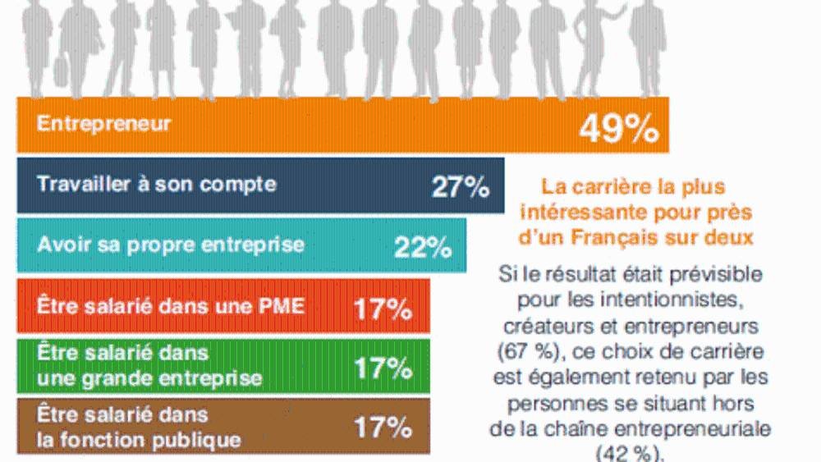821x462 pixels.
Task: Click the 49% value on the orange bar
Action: click(x=618, y=128)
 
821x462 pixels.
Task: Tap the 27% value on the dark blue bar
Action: click(x=460, y=187)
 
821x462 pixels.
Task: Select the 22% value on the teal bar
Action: click(x=422, y=247)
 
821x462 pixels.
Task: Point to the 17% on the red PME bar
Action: click(x=383, y=309)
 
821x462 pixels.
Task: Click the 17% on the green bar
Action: click(x=383, y=368)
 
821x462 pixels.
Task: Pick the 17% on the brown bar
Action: click(x=383, y=427)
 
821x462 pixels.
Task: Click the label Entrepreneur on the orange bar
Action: click(x=104, y=124)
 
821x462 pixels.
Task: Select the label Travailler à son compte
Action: click(x=156, y=184)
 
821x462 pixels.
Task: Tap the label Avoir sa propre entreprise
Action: click(x=159, y=244)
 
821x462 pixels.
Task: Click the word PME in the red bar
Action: click(x=280, y=306)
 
